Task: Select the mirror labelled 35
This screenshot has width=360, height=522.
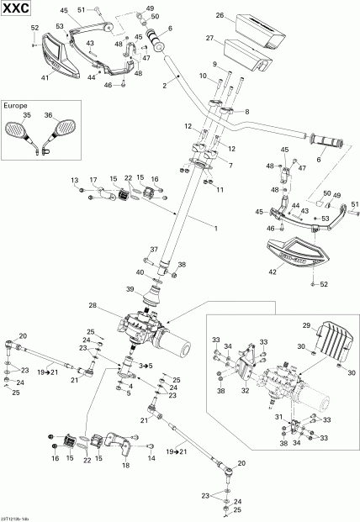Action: [16, 129]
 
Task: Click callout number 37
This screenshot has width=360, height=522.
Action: [153, 250]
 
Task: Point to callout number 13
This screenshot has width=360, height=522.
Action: [73, 180]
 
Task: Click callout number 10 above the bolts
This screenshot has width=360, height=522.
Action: [201, 76]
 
